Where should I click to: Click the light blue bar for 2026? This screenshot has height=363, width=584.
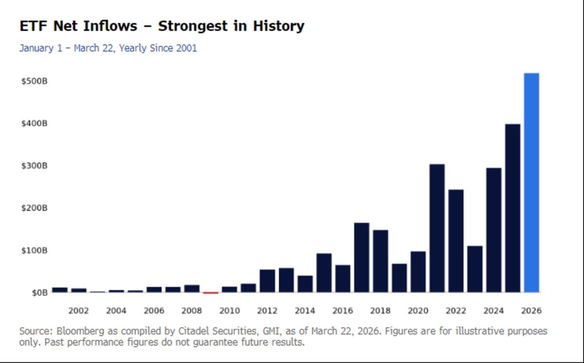[x=531, y=183]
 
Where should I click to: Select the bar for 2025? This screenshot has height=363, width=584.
[x=512, y=208]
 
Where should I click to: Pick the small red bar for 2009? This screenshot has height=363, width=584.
[x=211, y=292]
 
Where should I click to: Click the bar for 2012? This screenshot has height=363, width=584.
[x=267, y=281]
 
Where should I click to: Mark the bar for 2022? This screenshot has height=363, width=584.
[x=456, y=241]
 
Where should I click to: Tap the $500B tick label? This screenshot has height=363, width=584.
[x=34, y=81]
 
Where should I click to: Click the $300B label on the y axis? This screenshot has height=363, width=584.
[x=34, y=166]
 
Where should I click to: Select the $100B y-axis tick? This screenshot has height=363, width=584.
[x=34, y=250]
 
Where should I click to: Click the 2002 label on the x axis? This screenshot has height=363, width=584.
[x=78, y=310]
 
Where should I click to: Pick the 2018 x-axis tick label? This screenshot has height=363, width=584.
[x=380, y=310]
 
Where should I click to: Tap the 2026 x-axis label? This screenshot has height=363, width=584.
[x=531, y=310]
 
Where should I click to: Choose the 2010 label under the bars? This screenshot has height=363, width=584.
[x=229, y=310]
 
